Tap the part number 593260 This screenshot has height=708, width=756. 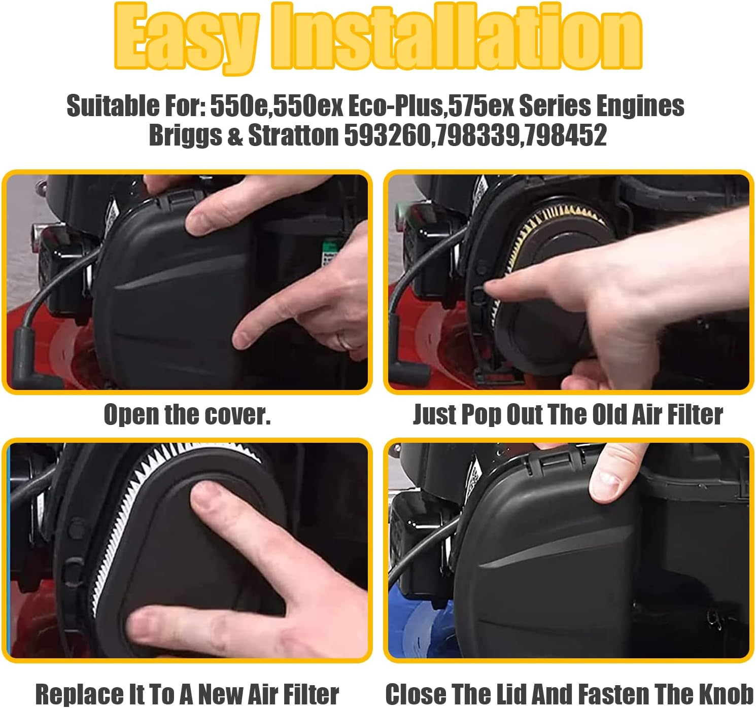[x=388, y=135]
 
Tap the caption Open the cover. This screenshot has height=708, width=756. [x=187, y=415]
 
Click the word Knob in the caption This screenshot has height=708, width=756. [x=733, y=694]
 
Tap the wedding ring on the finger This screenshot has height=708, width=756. [x=347, y=339]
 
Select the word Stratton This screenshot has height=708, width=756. [x=293, y=135]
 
